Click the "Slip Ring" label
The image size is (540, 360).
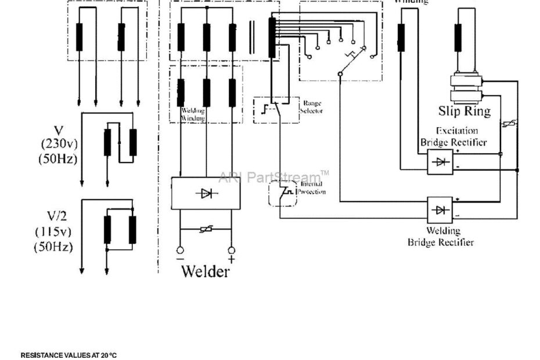464,111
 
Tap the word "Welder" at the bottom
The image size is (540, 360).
205,271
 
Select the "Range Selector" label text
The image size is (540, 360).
312,107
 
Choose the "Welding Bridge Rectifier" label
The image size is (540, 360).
441,237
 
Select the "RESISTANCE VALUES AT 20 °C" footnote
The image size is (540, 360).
68,355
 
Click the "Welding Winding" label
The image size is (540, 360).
193,114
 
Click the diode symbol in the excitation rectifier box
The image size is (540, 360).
441,162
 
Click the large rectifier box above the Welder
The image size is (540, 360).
206,193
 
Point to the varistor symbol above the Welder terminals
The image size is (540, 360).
206,231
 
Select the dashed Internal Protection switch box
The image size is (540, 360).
282,193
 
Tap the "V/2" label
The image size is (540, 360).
58,216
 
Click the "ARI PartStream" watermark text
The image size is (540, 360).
271,177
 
